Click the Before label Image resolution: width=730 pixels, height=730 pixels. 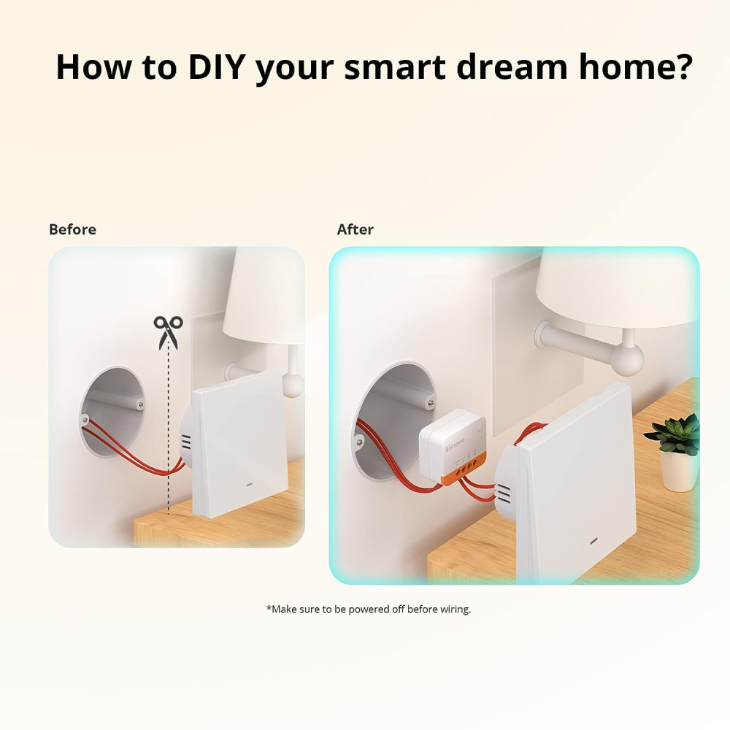72,229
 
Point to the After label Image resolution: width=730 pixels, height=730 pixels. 355,229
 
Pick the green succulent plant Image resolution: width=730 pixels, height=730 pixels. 673,434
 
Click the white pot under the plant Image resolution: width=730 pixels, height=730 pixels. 678,470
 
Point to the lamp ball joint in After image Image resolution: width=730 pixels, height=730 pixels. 627,359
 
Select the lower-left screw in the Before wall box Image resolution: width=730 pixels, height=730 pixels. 86,419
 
